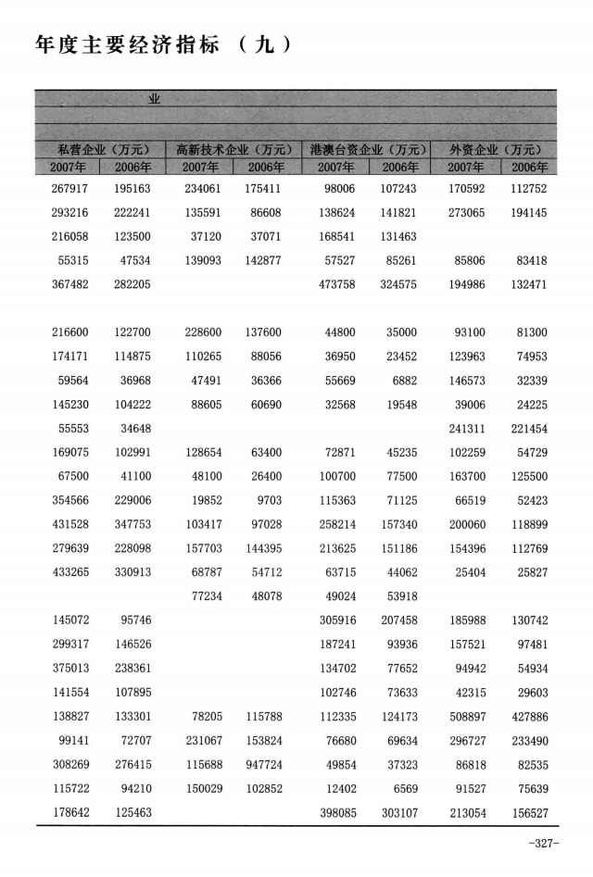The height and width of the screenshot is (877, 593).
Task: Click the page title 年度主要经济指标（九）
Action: [x=163, y=44]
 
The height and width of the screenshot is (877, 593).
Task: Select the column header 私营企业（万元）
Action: [x=98, y=150]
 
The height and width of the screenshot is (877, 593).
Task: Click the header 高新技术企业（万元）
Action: [x=233, y=150]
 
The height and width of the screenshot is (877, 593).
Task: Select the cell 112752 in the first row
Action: [x=529, y=189]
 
